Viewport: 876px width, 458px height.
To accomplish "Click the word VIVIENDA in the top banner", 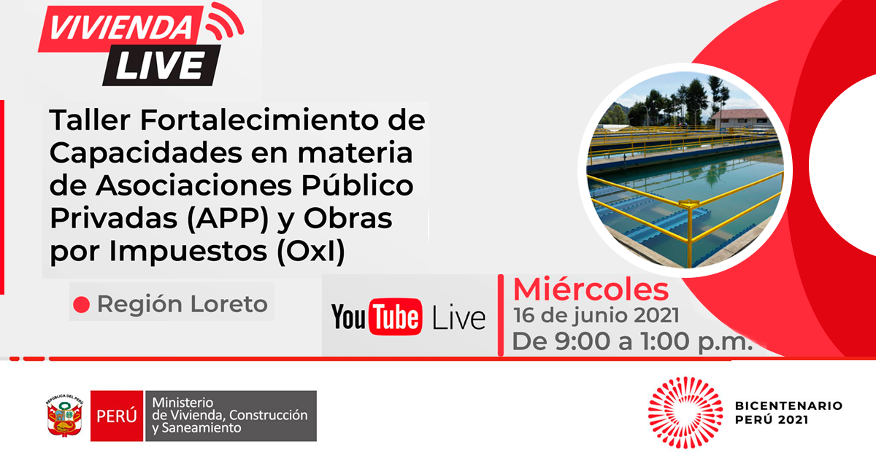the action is tap(120, 28).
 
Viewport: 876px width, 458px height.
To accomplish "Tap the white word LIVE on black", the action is tap(161, 66).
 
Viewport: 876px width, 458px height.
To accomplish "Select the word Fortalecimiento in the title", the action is tap(261, 120).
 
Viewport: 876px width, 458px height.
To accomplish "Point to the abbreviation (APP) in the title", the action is tap(228, 219).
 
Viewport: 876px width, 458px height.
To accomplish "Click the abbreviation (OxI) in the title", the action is tap(311, 252).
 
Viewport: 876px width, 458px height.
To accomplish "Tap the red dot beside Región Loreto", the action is tap(81, 304).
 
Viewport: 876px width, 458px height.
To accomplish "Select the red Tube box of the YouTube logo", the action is tap(396, 317).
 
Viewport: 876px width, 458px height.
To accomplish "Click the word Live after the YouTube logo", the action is tap(458, 317).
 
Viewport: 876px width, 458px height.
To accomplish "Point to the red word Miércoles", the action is tap(591, 290).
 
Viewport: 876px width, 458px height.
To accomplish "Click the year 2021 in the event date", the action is tap(656, 315).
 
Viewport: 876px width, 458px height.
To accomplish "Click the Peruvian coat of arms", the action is tap(65, 416).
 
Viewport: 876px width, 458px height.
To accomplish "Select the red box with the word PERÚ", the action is tap(117, 416).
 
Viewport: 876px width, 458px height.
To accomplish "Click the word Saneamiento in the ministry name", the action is tap(201, 428).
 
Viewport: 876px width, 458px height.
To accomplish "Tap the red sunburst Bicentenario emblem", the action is tap(685, 412).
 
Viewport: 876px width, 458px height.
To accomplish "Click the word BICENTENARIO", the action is tap(788, 405).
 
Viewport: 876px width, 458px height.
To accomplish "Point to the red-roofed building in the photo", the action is tap(741, 118).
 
